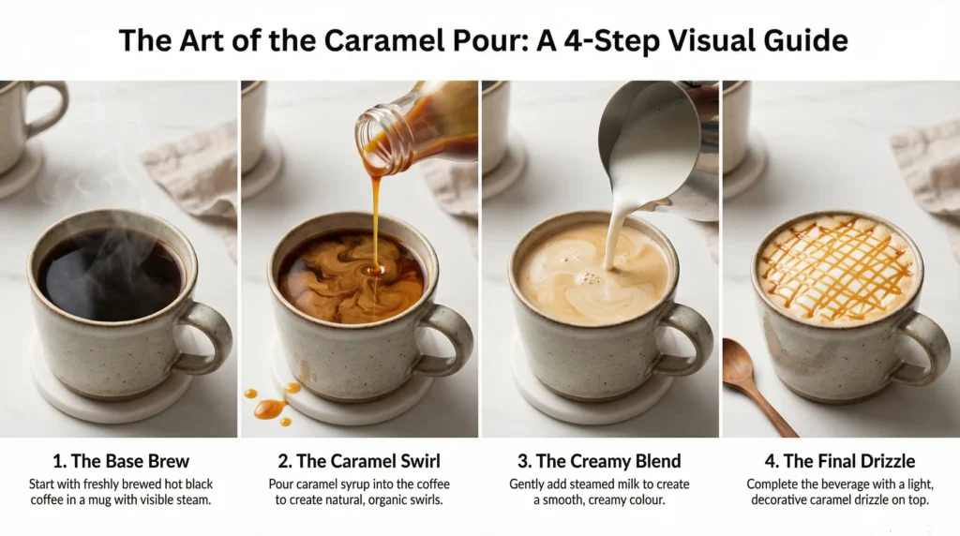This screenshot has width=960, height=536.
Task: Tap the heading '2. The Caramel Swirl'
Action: (359, 461)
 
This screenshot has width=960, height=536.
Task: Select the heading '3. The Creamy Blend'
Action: (600, 461)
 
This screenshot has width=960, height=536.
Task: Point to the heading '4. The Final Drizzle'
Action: (840, 461)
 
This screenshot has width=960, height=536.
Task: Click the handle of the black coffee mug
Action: (210, 337)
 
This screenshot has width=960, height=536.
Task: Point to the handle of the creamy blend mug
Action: (691, 337)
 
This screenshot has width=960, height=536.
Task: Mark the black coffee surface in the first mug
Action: (110, 274)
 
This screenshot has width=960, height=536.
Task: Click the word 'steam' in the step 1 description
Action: (185, 500)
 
